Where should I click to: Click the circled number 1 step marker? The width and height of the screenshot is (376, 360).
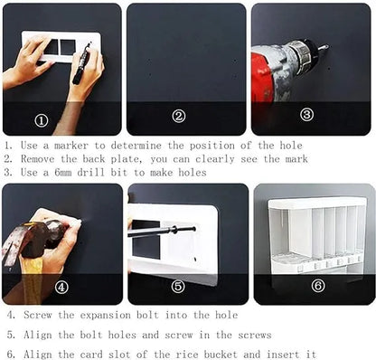pos(42,119)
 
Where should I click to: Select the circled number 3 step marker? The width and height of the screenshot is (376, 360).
pos(306,115)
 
